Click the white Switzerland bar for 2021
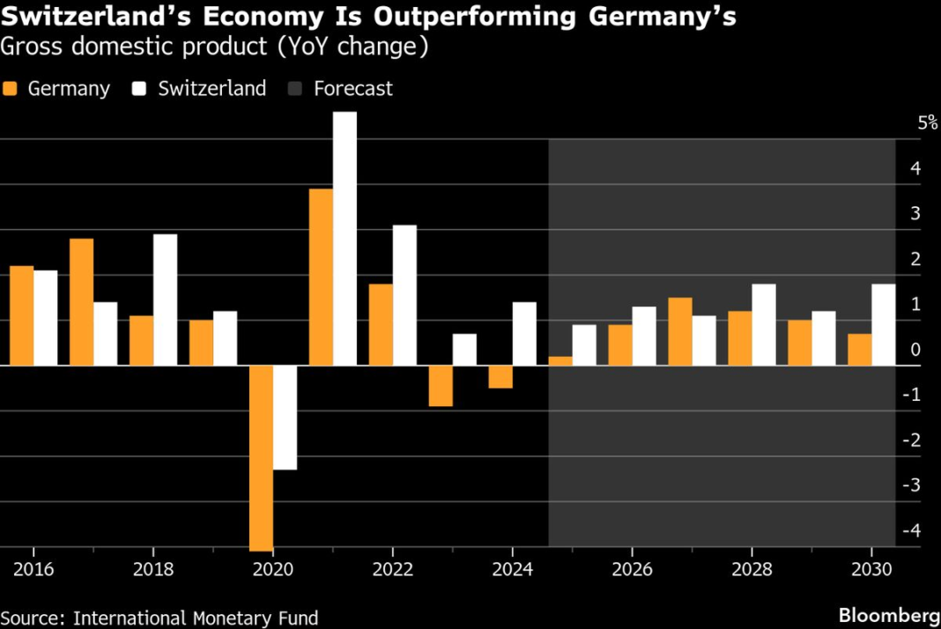[345, 238]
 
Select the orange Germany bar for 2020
[261, 457]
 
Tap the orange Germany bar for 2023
[441, 386]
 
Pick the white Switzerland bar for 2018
[165, 300]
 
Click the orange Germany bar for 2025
[560, 360]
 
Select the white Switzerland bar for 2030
[884, 324]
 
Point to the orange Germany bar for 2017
[81, 301]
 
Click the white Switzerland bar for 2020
[285, 418]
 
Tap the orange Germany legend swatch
[11, 89]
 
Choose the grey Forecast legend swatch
[296, 89]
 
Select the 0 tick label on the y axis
[916, 350]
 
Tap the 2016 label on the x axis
[33, 569]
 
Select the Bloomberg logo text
[889, 614]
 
